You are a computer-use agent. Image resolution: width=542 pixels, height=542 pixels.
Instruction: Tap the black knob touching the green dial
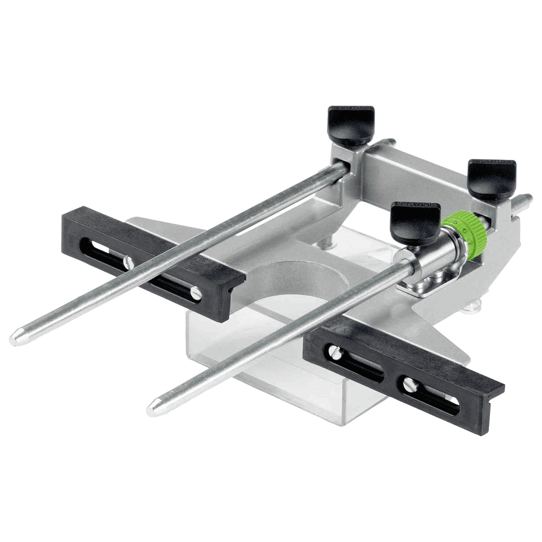point(415,221)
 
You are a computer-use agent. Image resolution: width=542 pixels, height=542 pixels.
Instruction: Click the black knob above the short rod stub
point(492,178)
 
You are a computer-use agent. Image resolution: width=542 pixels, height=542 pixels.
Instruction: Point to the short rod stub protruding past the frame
point(522,202)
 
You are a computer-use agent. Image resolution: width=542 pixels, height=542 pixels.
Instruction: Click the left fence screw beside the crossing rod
point(128,263)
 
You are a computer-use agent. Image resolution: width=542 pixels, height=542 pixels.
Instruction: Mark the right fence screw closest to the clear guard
point(335,352)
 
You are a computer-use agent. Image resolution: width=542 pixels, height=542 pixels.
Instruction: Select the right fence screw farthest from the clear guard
point(410,384)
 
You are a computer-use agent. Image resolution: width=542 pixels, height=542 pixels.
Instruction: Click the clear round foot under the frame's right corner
point(472,307)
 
